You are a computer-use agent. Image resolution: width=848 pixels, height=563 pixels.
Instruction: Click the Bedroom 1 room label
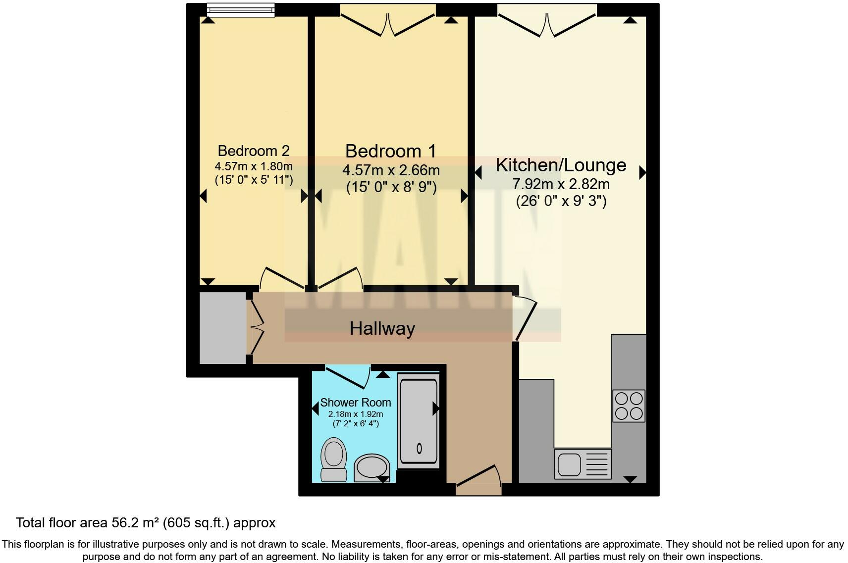pos(391,151)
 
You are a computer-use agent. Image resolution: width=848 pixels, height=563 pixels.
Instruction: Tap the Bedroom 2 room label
pos(253,151)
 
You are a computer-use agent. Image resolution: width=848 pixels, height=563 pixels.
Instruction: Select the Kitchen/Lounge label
pos(561,165)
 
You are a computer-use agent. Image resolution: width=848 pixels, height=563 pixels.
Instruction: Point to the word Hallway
pos(382,328)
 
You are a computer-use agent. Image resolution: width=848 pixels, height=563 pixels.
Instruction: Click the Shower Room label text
pos(355,403)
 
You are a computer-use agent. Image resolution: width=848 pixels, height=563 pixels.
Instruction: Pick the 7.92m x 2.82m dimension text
pos(561,184)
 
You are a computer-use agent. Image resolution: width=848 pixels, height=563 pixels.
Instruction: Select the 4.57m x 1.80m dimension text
pos(253,166)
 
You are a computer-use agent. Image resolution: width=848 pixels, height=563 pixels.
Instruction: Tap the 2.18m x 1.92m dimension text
pos(355,414)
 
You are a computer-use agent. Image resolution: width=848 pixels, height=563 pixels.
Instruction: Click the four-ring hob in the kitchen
pos(629,406)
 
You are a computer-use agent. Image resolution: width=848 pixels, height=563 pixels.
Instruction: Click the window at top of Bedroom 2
pos(241,9)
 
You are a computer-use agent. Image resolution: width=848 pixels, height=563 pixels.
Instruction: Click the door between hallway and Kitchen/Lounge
pos(525,317)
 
